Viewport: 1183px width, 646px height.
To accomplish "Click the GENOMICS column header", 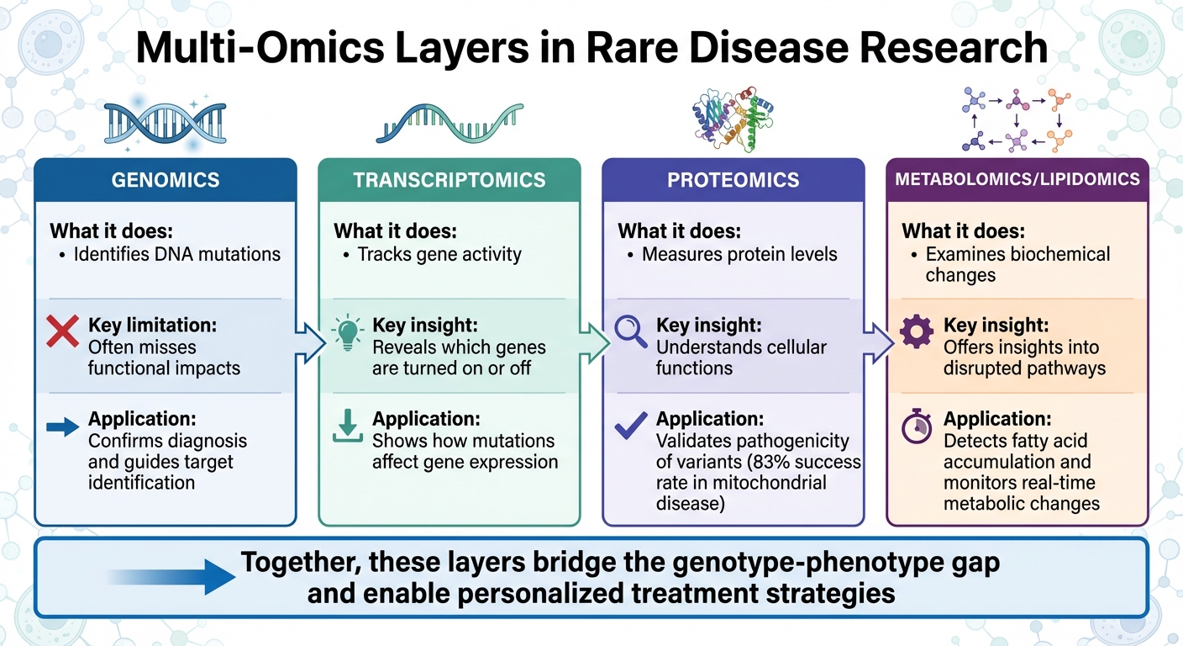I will pyautogui.click(x=165, y=180).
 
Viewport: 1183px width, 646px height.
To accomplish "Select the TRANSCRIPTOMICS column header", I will pyautogui.click(x=450, y=180).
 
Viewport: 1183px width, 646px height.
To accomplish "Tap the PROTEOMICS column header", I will pyautogui.click(x=733, y=180).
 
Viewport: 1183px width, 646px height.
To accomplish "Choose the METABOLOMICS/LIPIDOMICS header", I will pyautogui.click(x=1017, y=179).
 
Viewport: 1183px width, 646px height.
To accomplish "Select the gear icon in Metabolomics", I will pyautogui.click(x=916, y=332).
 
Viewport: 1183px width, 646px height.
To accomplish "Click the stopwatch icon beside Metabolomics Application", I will pyautogui.click(x=916, y=427).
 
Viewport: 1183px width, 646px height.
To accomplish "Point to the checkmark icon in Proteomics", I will pyautogui.click(x=630, y=426).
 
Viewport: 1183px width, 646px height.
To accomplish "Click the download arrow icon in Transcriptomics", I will pyautogui.click(x=347, y=426).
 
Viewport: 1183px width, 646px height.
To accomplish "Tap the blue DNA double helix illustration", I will pyautogui.click(x=165, y=124).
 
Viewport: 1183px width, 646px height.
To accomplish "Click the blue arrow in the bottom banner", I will pyautogui.click(x=172, y=577).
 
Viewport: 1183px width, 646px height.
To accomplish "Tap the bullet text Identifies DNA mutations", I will pyautogui.click(x=176, y=253).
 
